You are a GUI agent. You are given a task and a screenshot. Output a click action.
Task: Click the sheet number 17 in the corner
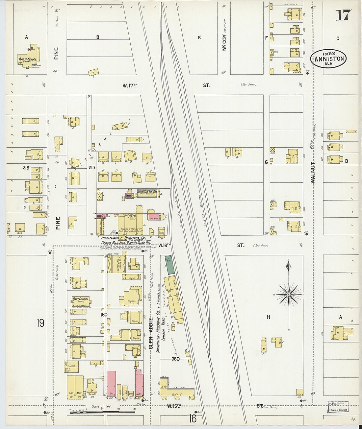343,15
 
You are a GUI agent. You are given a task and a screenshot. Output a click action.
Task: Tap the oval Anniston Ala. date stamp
329,59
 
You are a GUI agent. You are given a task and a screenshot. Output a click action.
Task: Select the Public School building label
28,60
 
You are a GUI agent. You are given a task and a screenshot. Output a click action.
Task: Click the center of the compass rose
289,295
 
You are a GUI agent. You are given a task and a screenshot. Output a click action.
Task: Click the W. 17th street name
130,85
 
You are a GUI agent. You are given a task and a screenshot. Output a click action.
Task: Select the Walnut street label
313,172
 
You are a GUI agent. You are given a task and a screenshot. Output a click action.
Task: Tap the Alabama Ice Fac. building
147,194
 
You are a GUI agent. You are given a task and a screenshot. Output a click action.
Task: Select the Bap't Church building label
81,299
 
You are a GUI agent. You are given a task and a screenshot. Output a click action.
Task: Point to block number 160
104,315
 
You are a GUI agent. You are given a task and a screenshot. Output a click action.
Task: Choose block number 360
175,359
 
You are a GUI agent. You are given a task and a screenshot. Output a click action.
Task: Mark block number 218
26,168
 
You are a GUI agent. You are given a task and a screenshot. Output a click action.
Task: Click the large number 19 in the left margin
40,323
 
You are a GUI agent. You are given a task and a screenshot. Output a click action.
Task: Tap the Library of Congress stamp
338,408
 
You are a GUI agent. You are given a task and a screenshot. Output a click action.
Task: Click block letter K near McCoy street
199,38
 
